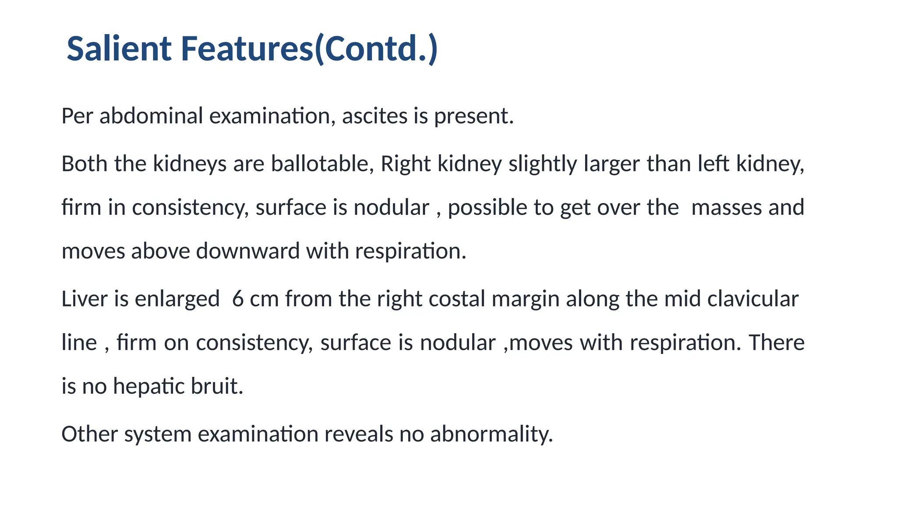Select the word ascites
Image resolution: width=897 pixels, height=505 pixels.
tap(374, 116)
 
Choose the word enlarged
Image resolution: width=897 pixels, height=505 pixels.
tap(177, 300)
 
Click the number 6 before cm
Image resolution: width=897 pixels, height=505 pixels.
tap(238, 299)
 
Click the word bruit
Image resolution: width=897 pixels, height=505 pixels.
tap(217, 386)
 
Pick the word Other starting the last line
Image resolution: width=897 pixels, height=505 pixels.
tap(90, 434)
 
